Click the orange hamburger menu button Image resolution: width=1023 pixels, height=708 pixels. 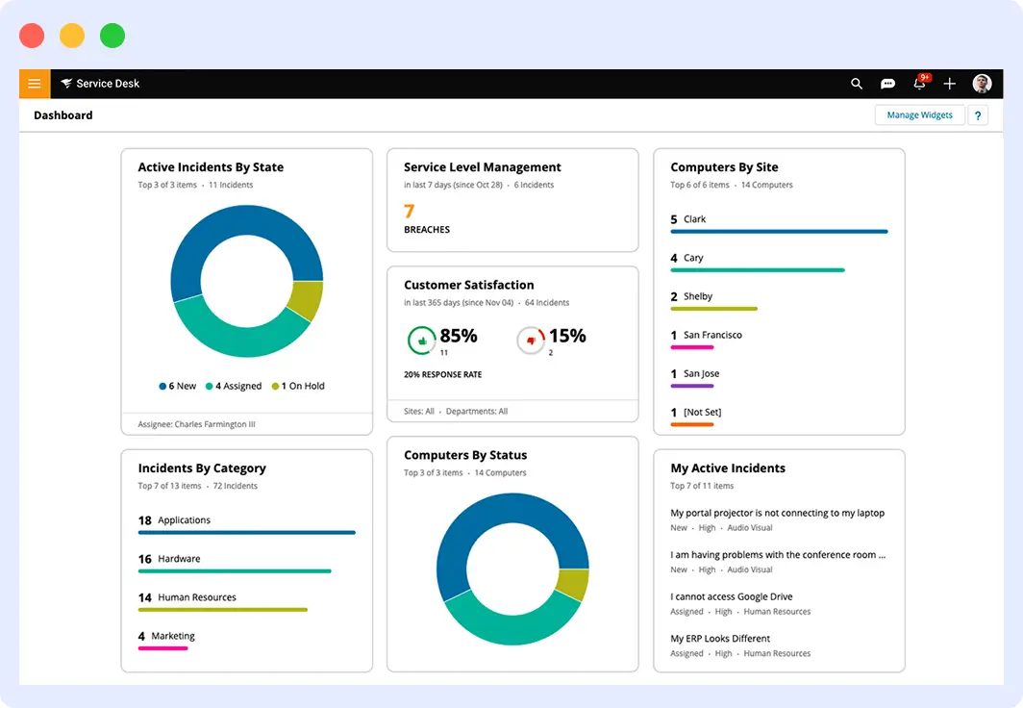point(34,84)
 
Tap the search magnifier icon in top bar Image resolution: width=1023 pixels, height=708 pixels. point(857,84)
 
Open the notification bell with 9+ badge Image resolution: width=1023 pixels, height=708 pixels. point(919,84)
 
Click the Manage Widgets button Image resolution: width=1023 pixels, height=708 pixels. point(919,115)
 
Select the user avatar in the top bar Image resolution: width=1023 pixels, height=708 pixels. point(982,84)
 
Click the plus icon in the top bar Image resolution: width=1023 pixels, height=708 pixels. point(950,84)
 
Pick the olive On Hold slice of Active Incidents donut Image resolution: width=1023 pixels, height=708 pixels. point(306,300)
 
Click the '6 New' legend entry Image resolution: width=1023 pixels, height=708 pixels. point(178,386)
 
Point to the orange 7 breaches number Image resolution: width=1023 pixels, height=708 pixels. point(409,212)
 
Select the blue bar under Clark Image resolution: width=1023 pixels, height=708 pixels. point(779,232)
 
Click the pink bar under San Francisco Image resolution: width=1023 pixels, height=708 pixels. point(692,347)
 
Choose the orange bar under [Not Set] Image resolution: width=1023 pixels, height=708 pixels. point(692,424)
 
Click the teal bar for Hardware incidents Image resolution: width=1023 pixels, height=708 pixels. point(235,571)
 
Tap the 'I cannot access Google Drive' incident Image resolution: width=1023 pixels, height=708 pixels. point(732,596)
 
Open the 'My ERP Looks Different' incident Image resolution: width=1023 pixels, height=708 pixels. point(721,639)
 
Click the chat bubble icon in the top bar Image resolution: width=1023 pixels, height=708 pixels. point(888,84)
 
